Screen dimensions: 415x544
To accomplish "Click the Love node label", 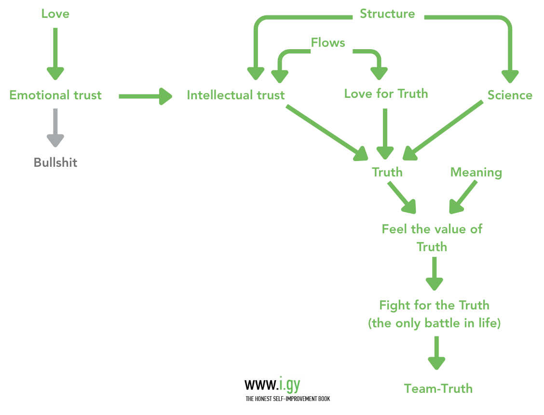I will (55, 13).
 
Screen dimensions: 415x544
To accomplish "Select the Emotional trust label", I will (55, 95).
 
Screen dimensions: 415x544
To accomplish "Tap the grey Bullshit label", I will (55, 162).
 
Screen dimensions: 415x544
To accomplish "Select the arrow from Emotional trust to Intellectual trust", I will (145, 96).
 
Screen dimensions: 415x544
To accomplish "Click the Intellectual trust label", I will (236, 95).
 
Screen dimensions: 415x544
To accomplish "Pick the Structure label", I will (387, 13).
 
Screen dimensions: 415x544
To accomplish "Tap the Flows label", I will (328, 42).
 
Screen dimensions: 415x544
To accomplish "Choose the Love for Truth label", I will (386, 93).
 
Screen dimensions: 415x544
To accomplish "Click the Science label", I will (510, 95).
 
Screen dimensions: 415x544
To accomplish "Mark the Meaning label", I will (476, 172).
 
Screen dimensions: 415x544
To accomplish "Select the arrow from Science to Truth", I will (444, 129).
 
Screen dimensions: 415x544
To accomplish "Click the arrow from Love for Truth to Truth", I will (385, 133).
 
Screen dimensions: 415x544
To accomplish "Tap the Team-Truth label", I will (438, 388).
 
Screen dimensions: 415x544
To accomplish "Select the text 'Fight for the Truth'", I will (434, 305).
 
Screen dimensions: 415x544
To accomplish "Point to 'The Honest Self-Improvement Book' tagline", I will (287, 399).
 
